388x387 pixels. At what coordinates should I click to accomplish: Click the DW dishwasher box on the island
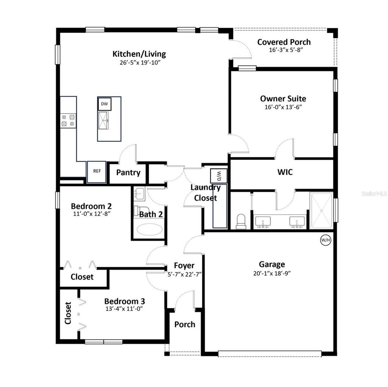click(x=104, y=104)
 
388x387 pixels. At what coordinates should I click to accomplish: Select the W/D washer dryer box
click(x=219, y=176)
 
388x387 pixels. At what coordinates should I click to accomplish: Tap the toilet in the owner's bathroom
click(x=241, y=221)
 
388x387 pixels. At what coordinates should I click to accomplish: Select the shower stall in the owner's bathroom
click(x=321, y=210)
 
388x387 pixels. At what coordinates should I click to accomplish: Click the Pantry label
click(x=128, y=173)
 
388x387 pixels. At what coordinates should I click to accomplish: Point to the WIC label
click(x=285, y=172)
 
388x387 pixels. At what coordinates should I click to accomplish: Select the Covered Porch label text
click(x=284, y=42)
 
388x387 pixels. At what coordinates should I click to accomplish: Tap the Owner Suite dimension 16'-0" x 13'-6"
click(x=283, y=107)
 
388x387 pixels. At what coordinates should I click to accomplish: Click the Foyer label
click(x=184, y=266)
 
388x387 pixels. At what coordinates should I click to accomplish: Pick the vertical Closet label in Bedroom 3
click(x=68, y=313)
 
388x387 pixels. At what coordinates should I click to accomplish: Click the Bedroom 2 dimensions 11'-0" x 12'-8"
click(x=91, y=214)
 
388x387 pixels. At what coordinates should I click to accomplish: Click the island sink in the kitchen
click(x=103, y=120)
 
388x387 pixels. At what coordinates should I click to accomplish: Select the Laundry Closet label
click(x=205, y=193)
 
